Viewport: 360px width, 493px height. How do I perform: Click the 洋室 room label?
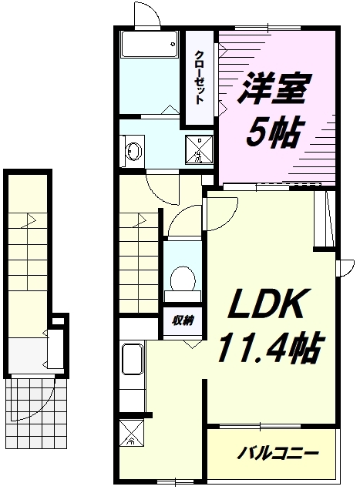point(274,89)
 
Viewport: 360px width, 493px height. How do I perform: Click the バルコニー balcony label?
point(278,453)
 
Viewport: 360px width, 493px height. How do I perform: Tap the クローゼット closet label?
point(199,77)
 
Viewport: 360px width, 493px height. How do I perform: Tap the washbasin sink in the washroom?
point(132,149)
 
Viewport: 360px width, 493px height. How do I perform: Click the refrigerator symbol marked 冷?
point(131,435)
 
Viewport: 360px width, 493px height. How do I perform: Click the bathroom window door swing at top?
point(146,14)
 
